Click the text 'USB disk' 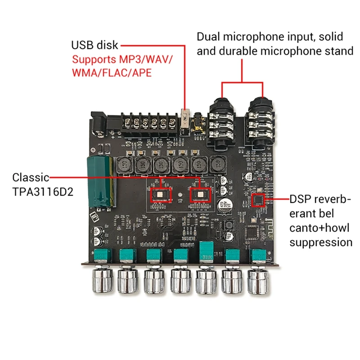click(x=94, y=45)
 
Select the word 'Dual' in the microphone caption click(x=210, y=36)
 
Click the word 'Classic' click(x=31, y=177)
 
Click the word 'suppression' click(x=321, y=242)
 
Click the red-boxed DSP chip click(x=258, y=200)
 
